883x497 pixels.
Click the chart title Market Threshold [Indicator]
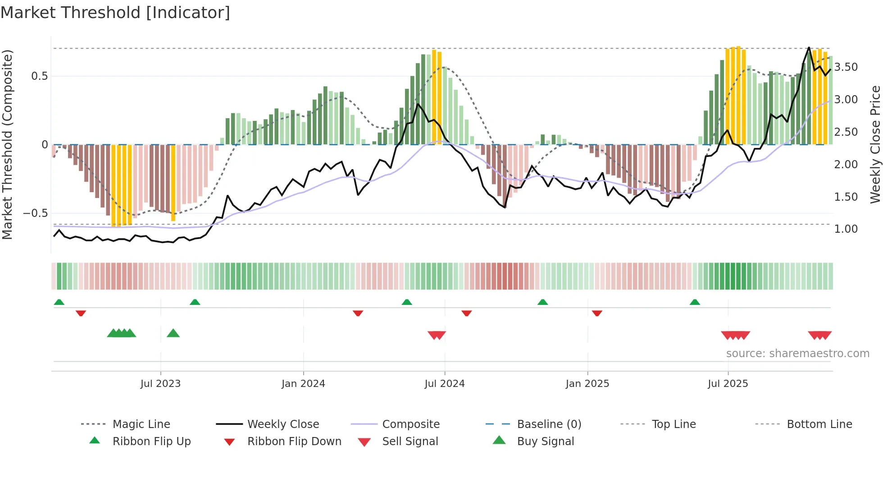coord(115,13)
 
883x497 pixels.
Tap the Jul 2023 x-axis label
coord(160,384)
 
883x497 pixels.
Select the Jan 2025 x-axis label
coord(587,384)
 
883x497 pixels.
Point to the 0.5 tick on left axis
coord(40,76)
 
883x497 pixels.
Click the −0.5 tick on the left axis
coord(36,213)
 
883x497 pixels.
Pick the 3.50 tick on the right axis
coord(846,67)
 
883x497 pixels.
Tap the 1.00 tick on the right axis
coord(846,229)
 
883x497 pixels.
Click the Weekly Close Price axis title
coord(875,144)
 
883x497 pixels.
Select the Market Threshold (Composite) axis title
coord(7,144)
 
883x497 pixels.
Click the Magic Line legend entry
coord(141,424)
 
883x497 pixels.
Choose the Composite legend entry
coord(410,424)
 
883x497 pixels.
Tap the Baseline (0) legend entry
coord(549,424)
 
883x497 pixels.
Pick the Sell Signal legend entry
coord(410,442)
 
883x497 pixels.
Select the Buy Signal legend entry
coord(545,442)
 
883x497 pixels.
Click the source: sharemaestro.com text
coord(797,354)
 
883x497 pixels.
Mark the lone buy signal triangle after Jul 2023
coord(173,334)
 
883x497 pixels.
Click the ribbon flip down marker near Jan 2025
coord(597,313)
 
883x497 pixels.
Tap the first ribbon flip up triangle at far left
coord(59,302)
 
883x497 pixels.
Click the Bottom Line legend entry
coord(819,424)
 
